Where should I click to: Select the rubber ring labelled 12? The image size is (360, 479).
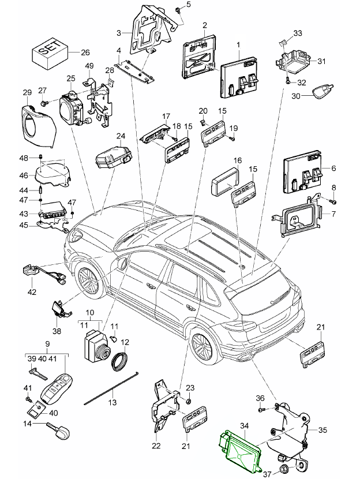coord(122,362)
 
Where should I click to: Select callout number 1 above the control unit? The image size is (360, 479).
coord(238,44)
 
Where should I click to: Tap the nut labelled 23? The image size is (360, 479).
coord(189,401)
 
